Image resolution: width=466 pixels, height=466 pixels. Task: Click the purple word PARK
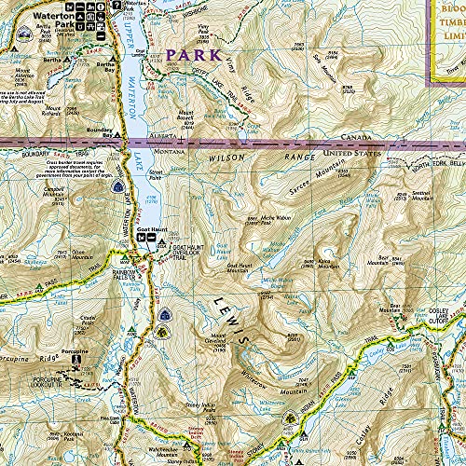tap(192, 55)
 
